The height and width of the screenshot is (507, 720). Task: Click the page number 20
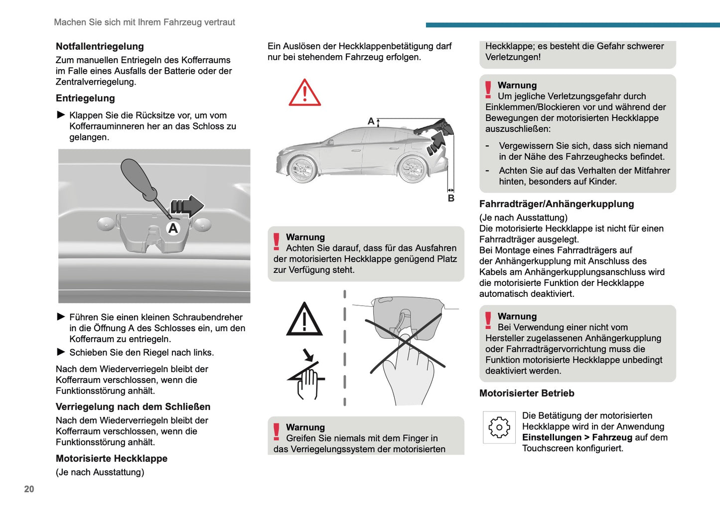pyautogui.click(x=29, y=489)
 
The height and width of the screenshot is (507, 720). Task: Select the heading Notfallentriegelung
pyautogui.click(x=100, y=46)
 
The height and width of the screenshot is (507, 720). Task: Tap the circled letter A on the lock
pyautogui.click(x=173, y=228)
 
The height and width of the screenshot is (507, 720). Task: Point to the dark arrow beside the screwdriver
pyautogui.click(x=187, y=206)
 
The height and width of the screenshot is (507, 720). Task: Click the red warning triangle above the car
pyautogui.click(x=304, y=93)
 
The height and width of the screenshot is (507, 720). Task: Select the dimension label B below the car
pyautogui.click(x=451, y=198)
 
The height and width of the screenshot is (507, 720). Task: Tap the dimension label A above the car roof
pyautogui.click(x=371, y=121)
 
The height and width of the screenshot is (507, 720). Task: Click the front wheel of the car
pyautogui.click(x=302, y=169)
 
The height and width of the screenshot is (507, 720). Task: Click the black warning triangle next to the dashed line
pyautogui.click(x=304, y=320)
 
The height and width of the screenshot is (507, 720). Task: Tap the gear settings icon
pyautogui.click(x=499, y=427)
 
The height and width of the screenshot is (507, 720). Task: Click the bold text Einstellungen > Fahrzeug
pyautogui.click(x=576, y=437)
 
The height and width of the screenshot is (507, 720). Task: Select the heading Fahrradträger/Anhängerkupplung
pyautogui.click(x=557, y=204)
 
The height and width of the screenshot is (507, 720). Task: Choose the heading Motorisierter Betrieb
pyautogui.click(x=527, y=393)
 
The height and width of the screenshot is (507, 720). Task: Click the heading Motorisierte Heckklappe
pyautogui.click(x=112, y=458)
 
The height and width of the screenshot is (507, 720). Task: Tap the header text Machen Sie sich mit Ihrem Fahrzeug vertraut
pyautogui.click(x=144, y=22)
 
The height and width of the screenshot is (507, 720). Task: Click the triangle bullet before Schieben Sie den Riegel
pyautogui.click(x=61, y=352)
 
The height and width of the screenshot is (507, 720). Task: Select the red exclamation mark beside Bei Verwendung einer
pyautogui.click(x=488, y=321)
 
